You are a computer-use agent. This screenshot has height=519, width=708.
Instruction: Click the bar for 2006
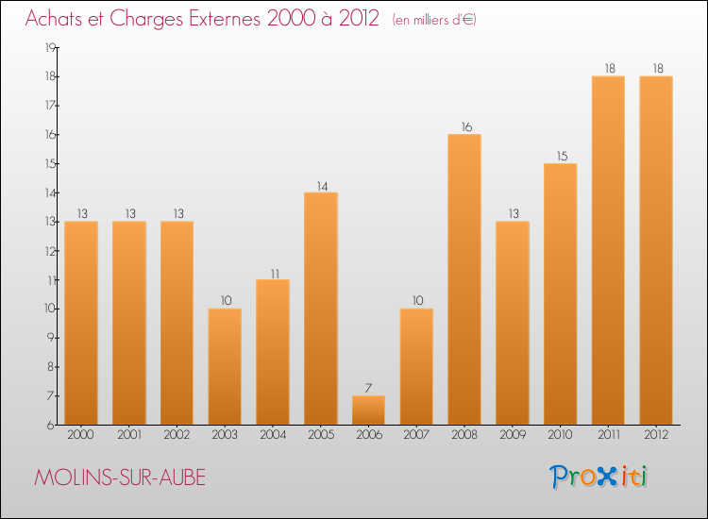click(x=368, y=410)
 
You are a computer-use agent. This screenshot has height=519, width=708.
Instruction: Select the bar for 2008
click(x=464, y=279)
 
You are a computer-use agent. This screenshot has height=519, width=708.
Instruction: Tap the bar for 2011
click(x=608, y=250)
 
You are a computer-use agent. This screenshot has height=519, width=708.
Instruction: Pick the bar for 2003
click(x=225, y=366)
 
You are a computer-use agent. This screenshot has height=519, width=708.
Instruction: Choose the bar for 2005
click(x=321, y=309)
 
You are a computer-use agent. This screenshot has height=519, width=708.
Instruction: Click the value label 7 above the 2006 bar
click(x=368, y=388)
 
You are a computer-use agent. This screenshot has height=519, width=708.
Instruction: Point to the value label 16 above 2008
click(x=464, y=126)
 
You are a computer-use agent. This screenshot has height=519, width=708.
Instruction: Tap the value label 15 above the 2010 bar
click(x=561, y=156)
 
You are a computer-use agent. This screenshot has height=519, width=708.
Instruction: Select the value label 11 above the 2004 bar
click(x=273, y=272)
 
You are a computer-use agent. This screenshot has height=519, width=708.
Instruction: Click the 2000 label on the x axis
click(x=81, y=436)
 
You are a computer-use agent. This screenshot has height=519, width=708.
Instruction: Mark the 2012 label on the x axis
click(x=656, y=436)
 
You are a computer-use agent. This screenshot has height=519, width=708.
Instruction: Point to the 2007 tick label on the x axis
click(x=416, y=436)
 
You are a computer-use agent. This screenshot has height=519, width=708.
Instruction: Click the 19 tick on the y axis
click(x=51, y=47)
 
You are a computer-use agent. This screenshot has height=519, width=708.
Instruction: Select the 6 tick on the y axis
click(x=52, y=425)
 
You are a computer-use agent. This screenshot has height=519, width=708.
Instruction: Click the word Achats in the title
click(x=54, y=20)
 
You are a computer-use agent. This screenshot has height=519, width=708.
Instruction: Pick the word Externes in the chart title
click(x=220, y=20)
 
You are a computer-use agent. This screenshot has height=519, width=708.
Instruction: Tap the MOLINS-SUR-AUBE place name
click(x=119, y=477)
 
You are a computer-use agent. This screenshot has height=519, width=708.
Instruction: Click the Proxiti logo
click(x=598, y=477)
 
